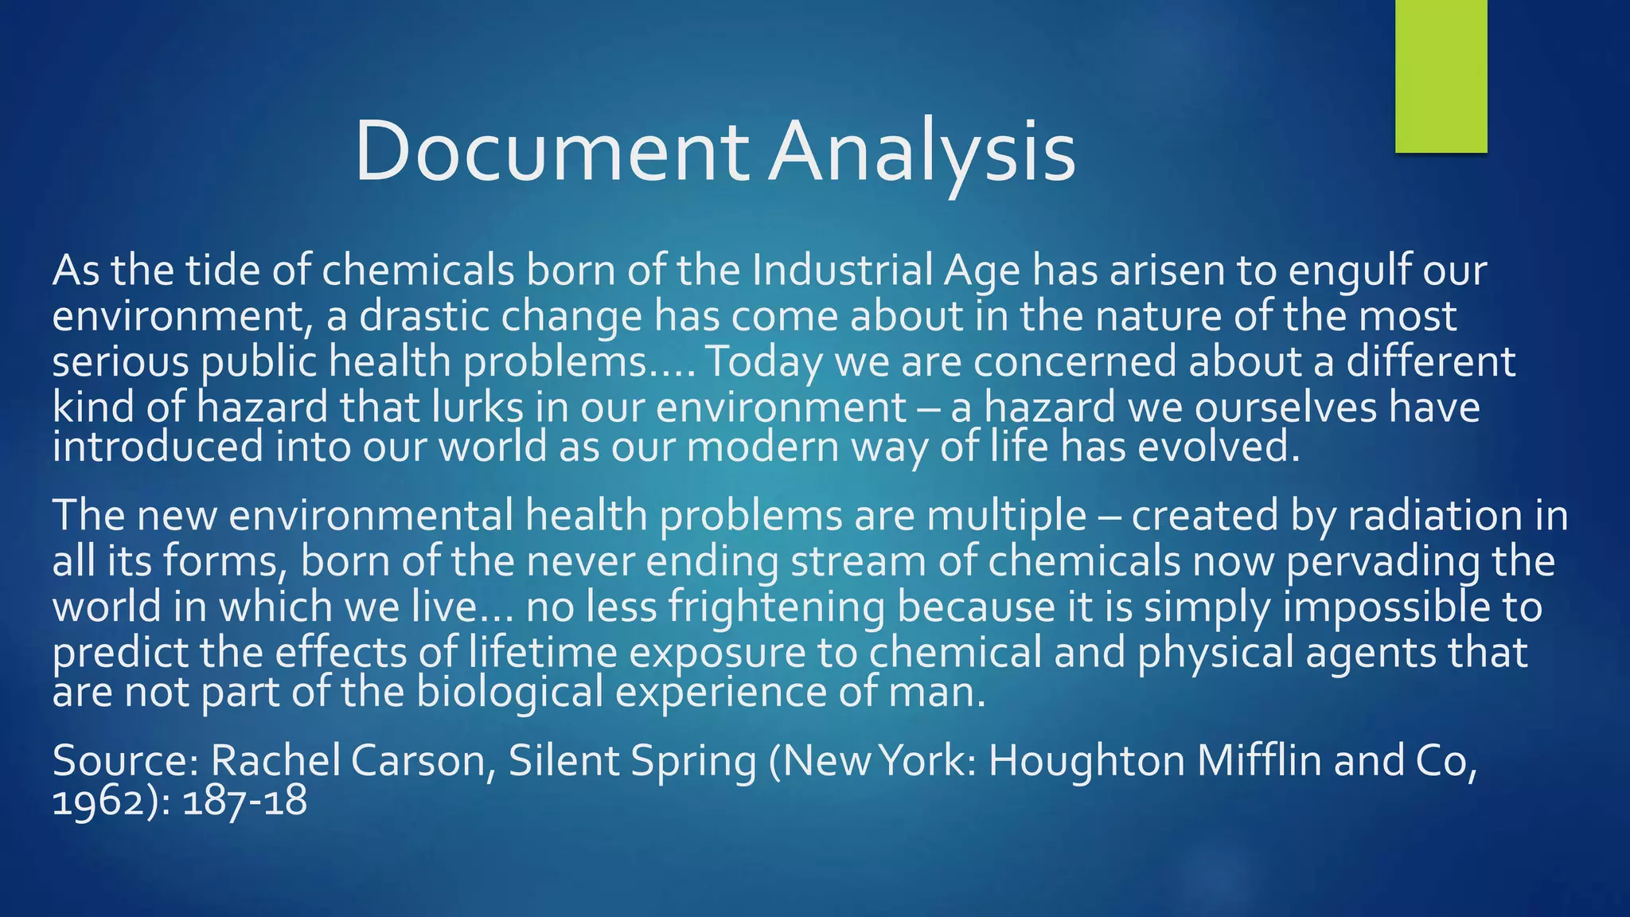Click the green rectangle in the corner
(x=1441, y=76)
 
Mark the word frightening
(x=776, y=607)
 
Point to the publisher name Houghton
(x=1086, y=760)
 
